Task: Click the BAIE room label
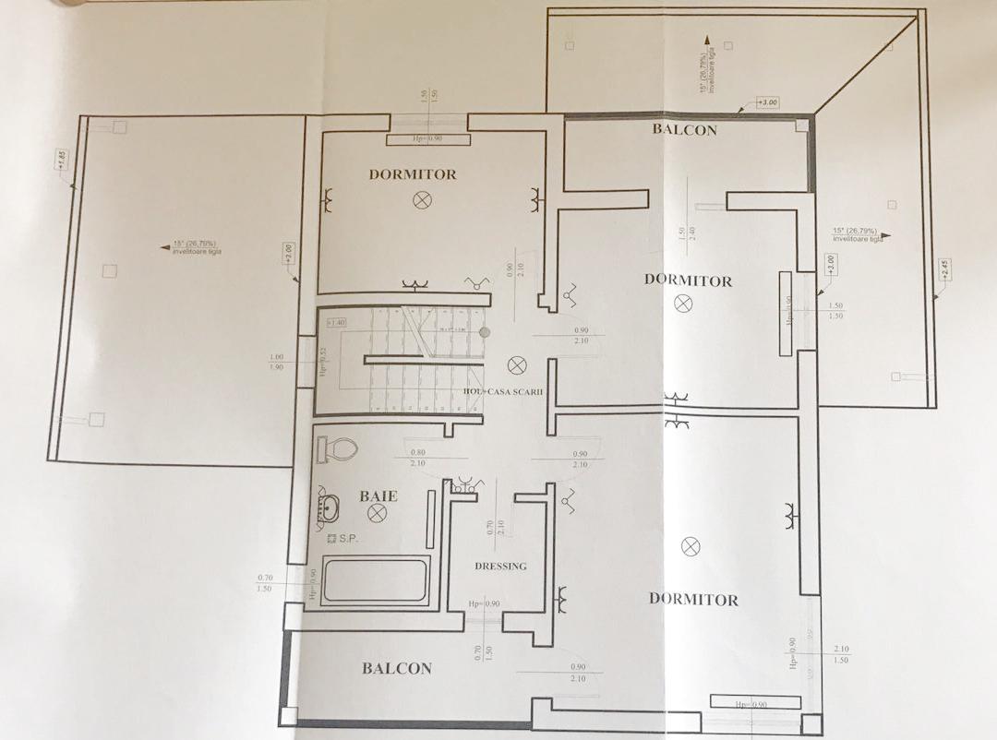(x=378, y=496)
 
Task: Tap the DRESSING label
(x=500, y=566)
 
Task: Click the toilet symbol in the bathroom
(x=337, y=449)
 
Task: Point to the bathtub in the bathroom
(x=376, y=579)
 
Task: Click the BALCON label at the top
(x=685, y=130)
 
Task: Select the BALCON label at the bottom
(x=396, y=668)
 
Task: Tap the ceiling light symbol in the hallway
(x=516, y=364)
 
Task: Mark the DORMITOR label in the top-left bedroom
(x=413, y=173)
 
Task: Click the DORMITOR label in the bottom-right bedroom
(x=693, y=599)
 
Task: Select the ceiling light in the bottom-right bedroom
(x=691, y=546)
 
